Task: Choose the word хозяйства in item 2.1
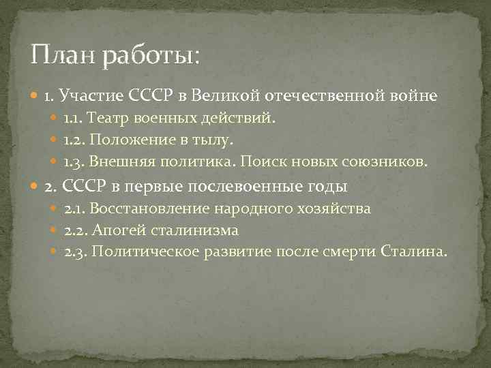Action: click(x=335, y=209)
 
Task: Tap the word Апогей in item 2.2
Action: click(x=113, y=230)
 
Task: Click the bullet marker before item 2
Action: click(x=36, y=187)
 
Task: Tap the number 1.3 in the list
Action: click(x=73, y=162)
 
